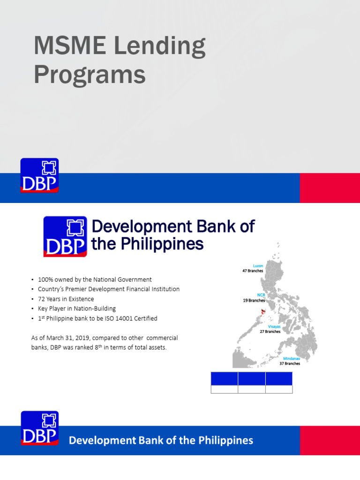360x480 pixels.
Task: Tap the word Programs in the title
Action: [89, 75]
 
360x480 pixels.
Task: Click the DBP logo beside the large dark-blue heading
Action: [65, 237]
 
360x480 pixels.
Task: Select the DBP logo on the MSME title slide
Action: [39, 176]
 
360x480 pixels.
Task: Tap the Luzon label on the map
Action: [258, 266]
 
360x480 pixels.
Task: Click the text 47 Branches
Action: [253, 271]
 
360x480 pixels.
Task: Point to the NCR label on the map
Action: [261, 295]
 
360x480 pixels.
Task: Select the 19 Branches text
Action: [254, 300]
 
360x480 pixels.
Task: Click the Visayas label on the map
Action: [274, 326]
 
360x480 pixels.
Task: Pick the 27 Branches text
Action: [270, 331]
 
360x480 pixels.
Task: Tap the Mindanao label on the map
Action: [291, 358]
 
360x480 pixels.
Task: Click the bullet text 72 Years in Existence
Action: [66, 299]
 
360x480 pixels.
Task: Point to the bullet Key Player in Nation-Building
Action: [76, 309]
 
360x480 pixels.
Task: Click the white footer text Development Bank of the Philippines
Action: [161, 441]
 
